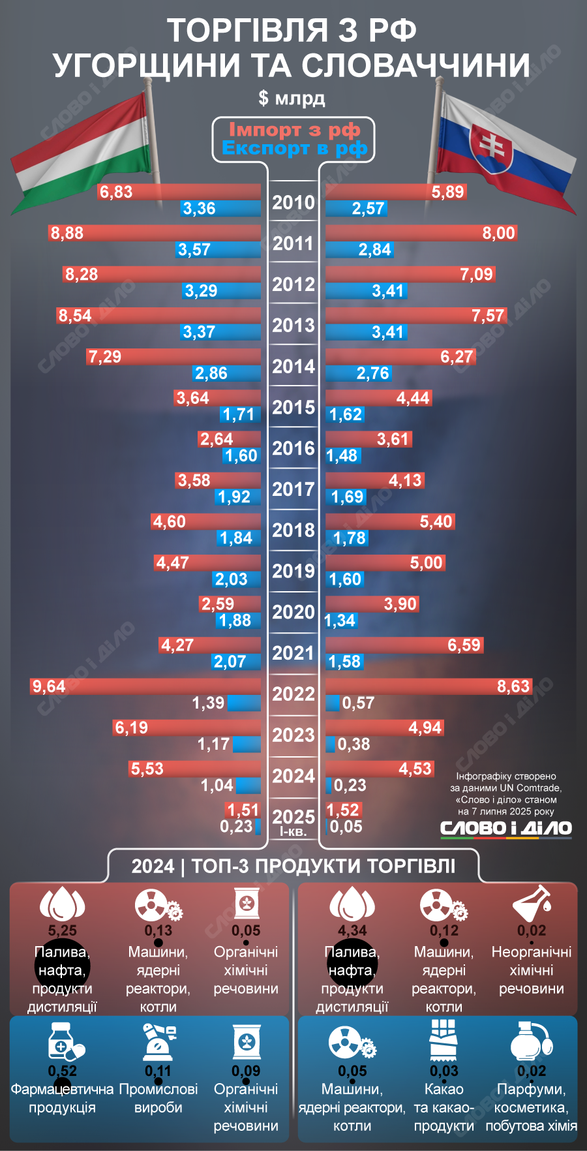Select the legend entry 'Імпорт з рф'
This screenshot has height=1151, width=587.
294,130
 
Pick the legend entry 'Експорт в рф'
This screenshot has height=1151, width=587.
294,149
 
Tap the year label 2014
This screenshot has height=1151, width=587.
293,367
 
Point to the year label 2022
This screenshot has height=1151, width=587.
293,694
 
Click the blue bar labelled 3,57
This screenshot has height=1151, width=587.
218,250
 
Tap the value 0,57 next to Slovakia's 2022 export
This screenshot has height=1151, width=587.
358,703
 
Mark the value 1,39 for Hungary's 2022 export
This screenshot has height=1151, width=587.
208,703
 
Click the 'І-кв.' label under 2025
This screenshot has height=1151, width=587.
293,832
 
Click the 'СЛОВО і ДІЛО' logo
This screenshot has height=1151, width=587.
505,829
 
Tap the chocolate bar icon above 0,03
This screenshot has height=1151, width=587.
444,1040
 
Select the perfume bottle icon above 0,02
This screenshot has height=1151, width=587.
531,1041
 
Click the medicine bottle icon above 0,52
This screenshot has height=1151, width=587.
65,1041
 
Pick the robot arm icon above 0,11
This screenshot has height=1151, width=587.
158,1041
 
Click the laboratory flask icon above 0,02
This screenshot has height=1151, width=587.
532,903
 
